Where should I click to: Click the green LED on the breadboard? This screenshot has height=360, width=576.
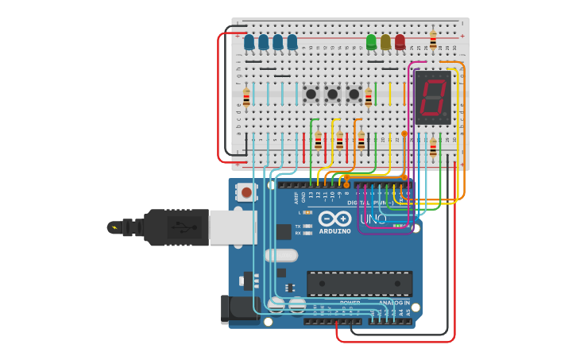(x=371, y=41)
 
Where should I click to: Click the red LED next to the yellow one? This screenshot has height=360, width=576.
(x=400, y=41)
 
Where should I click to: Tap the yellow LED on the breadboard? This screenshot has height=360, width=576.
(x=385, y=41)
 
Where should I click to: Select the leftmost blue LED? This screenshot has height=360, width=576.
(x=249, y=41)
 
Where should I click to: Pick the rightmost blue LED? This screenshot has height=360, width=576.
(x=292, y=41)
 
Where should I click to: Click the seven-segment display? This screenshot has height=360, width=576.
(x=433, y=97)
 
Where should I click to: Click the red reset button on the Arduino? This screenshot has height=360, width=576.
(x=246, y=192)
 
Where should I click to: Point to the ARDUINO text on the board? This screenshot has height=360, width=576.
(x=334, y=231)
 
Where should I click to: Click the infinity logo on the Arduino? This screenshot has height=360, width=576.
(x=334, y=219)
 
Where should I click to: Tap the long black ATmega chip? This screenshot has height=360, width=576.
(x=359, y=283)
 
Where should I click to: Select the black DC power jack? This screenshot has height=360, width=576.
(x=235, y=308)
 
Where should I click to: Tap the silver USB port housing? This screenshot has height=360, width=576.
(x=232, y=227)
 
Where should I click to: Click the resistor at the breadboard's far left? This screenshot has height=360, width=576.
(x=246, y=98)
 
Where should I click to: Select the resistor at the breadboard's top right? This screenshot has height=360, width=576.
(x=433, y=39)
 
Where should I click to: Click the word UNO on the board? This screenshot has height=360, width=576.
(x=373, y=219)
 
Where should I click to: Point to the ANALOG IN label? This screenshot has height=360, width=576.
(x=395, y=303)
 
